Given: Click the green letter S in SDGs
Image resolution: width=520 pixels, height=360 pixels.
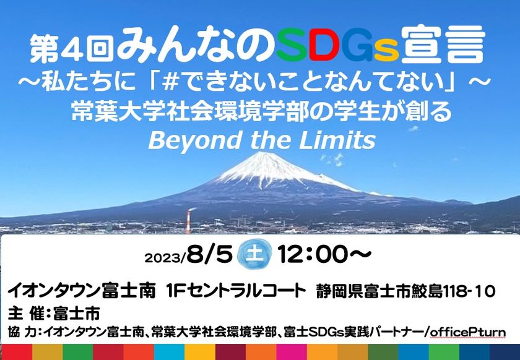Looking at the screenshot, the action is (x=291, y=45).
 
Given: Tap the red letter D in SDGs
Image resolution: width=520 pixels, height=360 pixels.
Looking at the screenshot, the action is (x=324, y=45).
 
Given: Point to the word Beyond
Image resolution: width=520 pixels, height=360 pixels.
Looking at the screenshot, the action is (x=194, y=140).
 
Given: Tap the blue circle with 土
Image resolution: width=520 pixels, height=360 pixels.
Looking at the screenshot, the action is (x=254, y=255).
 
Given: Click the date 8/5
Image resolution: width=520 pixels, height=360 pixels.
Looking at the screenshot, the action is (x=209, y=255).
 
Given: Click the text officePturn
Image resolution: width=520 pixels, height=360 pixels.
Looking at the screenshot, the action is (x=469, y=332).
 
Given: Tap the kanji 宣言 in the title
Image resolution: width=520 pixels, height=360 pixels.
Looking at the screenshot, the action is (x=443, y=44).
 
